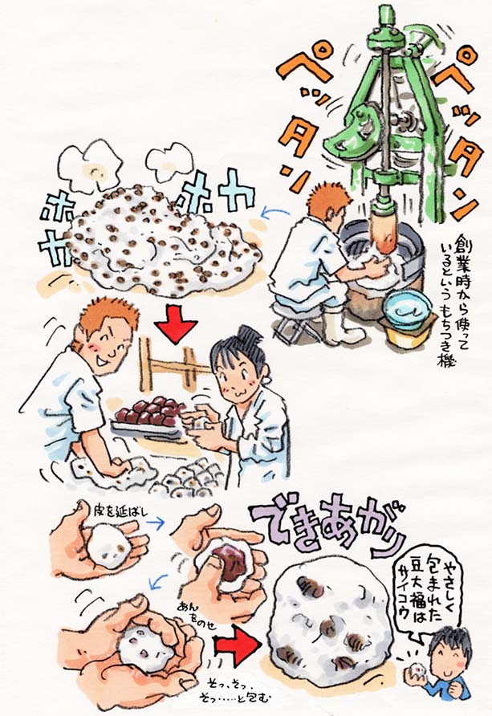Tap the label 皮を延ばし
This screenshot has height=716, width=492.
click(121, 507)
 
